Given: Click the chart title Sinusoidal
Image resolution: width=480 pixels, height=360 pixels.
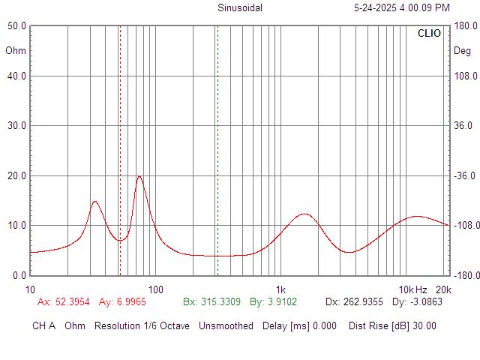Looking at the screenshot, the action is pyautogui.click(x=240, y=7).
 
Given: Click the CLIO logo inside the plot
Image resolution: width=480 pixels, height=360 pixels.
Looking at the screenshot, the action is pyautogui.click(x=429, y=33).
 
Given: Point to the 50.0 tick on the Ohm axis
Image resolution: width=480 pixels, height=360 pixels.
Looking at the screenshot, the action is pyautogui.click(x=16, y=26).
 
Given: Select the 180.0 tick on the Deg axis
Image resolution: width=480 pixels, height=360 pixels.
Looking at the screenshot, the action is pyautogui.click(x=466, y=26).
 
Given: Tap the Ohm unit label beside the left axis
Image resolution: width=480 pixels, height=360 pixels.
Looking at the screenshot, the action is pyautogui.click(x=16, y=50).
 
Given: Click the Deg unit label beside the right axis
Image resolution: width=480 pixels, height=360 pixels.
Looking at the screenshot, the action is pyautogui.click(x=462, y=50).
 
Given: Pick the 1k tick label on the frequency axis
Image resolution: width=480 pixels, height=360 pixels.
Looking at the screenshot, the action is pyautogui.click(x=280, y=289).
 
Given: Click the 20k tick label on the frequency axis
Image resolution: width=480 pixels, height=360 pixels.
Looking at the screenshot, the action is pyautogui.click(x=443, y=289).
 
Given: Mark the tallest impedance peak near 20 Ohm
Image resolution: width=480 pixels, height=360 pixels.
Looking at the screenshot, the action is pyautogui.click(x=139, y=176).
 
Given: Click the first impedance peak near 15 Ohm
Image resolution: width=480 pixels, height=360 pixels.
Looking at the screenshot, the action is pyautogui.click(x=95, y=202).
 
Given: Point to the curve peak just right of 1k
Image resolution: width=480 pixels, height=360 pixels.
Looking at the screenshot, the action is pyautogui.click(x=304, y=214).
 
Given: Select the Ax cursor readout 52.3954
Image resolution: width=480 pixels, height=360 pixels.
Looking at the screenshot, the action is pyautogui.click(x=72, y=301).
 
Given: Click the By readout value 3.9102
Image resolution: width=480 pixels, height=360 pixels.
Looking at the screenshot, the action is pyautogui.click(x=282, y=301).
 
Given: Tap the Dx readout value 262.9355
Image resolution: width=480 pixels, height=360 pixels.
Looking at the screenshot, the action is pyautogui.click(x=363, y=301).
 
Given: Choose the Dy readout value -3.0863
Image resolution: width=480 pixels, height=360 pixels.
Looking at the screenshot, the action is pyautogui.click(x=426, y=301).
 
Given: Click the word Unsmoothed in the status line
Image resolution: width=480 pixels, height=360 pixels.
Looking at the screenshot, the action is pyautogui.click(x=226, y=325).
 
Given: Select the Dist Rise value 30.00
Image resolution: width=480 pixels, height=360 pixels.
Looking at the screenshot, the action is pyautogui.click(x=424, y=325).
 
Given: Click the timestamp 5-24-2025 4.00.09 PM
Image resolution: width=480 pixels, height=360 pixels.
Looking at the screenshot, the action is pyautogui.click(x=402, y=7).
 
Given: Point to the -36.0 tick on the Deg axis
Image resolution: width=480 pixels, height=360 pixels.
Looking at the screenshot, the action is pyautogui.click(x=464, y=175).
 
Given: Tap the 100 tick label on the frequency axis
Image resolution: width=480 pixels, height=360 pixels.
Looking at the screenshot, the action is pyautogui.click(x=155, y=289).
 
